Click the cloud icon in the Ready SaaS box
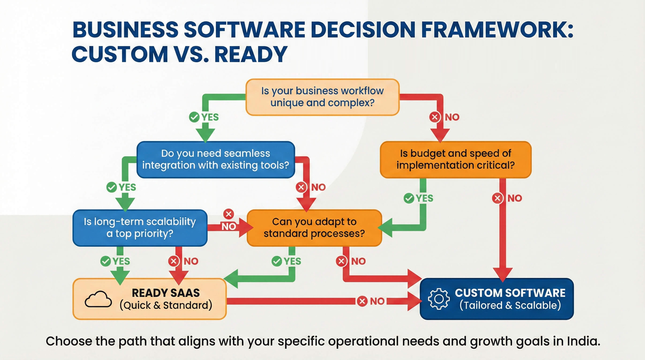[x=98, y=299]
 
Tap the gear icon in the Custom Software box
[x=439, y=299]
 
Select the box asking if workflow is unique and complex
[x=322, y=97]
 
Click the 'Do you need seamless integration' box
[x=215, y=160]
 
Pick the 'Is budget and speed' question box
[x=455, y=160]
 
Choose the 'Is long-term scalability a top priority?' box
[x=140, y=228]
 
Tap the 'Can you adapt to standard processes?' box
[x=314, y=228]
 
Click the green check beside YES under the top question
[x=194, y=117]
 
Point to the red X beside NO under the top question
[x=435, y=117]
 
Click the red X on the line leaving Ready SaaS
[x=362, y=301]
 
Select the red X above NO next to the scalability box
[x=228, y=214]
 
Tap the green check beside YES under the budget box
[x=409, y=198]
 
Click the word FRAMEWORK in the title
[x=497, y=30]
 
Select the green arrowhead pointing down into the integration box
[x=206, y=135]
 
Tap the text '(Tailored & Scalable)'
[x=510, y=305]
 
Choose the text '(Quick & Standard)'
[x=166, y=305]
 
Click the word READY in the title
[x=251, y=55]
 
